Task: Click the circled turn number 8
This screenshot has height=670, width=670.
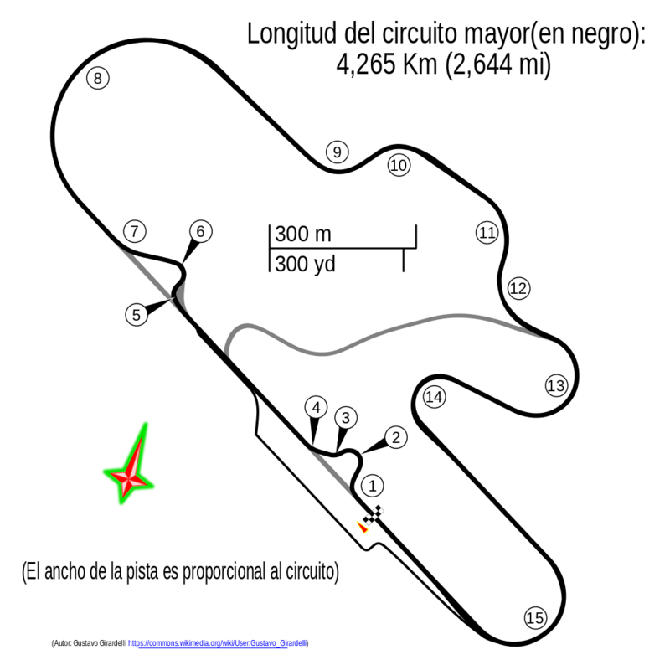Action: coord(98,78)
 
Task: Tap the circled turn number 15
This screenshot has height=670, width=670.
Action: coord(535,618)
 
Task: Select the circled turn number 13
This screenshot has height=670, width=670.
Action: coord(556,385)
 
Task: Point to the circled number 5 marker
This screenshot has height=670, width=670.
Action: coord(137,315)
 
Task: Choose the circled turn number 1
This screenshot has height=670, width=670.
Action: coord(373,486)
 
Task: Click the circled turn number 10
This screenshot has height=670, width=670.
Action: coord(399,165)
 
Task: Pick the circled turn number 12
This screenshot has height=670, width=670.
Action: coord(518,288)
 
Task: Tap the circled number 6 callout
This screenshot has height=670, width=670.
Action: coord(200,231)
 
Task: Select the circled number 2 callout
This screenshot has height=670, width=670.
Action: coord(395,437)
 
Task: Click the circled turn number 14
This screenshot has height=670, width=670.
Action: coord(434,397)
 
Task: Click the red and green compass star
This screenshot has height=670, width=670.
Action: coord(129,464)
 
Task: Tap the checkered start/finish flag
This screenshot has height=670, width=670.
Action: coord(373,515)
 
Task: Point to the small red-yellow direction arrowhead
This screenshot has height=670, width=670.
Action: coord(363,528)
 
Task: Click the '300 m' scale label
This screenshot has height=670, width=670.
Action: coord(303,234)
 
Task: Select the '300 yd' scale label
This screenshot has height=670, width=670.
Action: coord(305,264)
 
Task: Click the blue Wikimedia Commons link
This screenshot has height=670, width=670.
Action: coord(218,643)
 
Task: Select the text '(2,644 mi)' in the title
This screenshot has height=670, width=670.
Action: coord(497,65)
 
